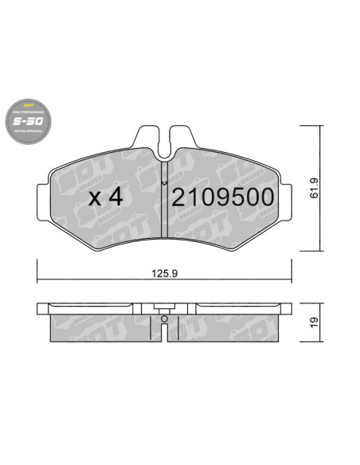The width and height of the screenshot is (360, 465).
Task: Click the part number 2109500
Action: click(x=223, y=197)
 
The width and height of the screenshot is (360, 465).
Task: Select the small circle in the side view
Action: click(x=163, y=320)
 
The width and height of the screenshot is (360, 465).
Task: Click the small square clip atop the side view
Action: click(x=163, y=307)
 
